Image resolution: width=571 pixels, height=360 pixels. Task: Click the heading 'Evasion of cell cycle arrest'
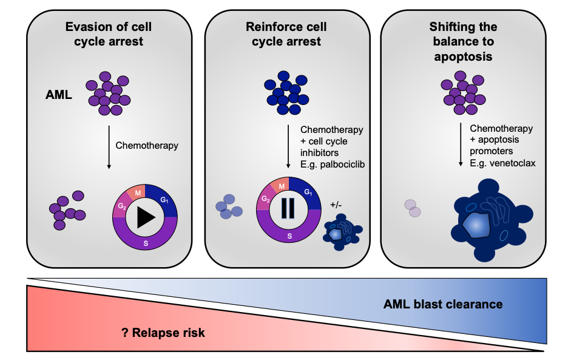pyautogui.click(x=108, y=34)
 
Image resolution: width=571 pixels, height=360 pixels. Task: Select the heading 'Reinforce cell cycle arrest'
pyautogui.click(x=286, y=34)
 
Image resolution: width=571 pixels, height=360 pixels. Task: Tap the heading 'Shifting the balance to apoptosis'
pyautogui.click(x=463, y=42)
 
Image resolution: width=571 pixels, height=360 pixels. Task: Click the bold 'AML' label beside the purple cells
pyautogui.click(x=59, y=94)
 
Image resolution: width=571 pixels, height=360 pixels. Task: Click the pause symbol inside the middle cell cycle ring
pyautogui.click(x=288, y=208)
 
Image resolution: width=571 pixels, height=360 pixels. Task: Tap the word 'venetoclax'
pyautogui.click(x=513, y=163)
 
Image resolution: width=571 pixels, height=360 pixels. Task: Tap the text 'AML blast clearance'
pyautogui.click(x=443, y=304)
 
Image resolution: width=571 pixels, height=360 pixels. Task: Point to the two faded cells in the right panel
pyautogui.click(x=413, y=208)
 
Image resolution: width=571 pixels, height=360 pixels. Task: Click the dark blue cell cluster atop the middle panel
pyautogui.click(x=286, y=93)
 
